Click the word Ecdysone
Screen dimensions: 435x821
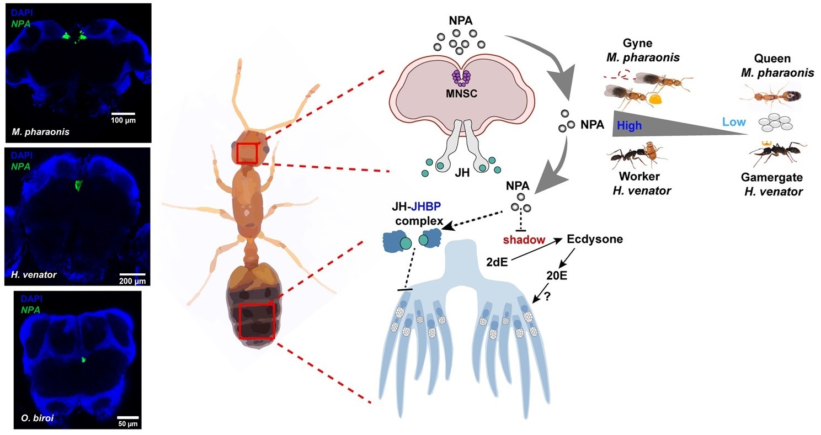595,240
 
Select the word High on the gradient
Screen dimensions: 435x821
630,126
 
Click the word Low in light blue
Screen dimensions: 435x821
734,122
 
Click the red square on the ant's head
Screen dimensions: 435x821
247,153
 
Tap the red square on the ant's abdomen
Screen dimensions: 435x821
257,321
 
